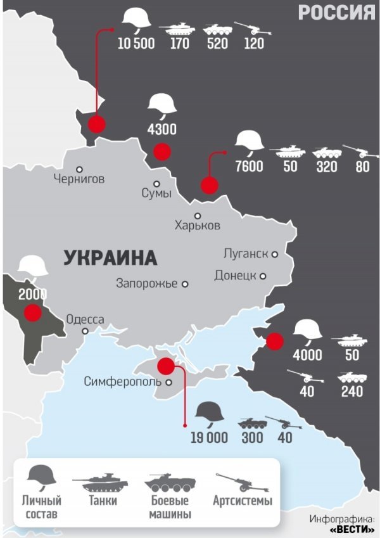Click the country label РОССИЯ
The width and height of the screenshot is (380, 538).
click(x=336, y=12)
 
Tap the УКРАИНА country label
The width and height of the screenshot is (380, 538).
click(x=110, y=258)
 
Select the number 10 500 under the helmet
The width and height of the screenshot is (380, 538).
click(x=136, y=44)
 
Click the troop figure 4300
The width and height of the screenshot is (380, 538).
click(x=161, y=130)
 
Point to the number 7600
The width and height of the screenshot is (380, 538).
click(x=249, y=167)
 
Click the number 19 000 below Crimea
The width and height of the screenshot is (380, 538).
click(x=209, y=438)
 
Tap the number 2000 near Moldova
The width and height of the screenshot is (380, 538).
click(x=32, y=294)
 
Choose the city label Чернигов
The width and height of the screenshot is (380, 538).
click(x=79, y=179)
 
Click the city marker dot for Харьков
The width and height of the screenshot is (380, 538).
click(x=198, y=215)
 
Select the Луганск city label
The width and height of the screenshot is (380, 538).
click(x=246, y=254)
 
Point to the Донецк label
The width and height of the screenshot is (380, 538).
click(x=235, y=276)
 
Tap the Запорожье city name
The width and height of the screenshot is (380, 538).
click(x=146, y=284)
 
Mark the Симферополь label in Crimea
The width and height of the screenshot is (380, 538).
click(x=123, y=381)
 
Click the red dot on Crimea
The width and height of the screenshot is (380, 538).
click(x=166, y=366)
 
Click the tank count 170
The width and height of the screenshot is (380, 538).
click(x=180, y=44)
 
